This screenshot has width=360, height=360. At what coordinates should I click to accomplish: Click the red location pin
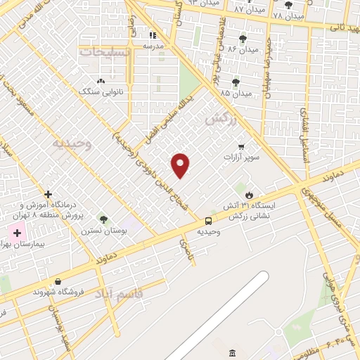pyautogui.click(x=181, y=165)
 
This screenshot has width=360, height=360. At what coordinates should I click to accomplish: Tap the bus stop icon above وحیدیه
pyautogui.click(x=207, y=221)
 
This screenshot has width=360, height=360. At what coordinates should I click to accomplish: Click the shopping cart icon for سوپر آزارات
pyautogui.click(x=242, y=147)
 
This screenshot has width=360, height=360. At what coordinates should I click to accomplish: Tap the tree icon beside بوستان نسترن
pyautogui.click(x=104, y=220)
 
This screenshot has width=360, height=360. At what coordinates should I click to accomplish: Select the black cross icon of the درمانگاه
pyautogui.click(x=48, y=194)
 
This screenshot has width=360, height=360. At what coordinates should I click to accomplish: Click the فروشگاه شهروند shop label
pyautogui.click(x=58, y=291)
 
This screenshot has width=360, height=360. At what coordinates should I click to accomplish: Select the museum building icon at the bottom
pyautogui.click(x=232, y=352)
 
